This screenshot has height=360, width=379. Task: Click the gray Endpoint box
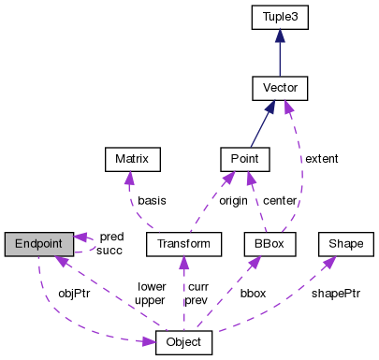38,244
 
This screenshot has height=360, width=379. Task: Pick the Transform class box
183,244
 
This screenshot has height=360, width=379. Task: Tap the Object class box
183,342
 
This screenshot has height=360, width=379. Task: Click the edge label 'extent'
321,159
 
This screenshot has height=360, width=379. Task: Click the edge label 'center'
281,200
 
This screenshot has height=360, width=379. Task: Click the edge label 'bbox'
253,293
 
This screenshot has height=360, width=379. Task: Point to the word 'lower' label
151,286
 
